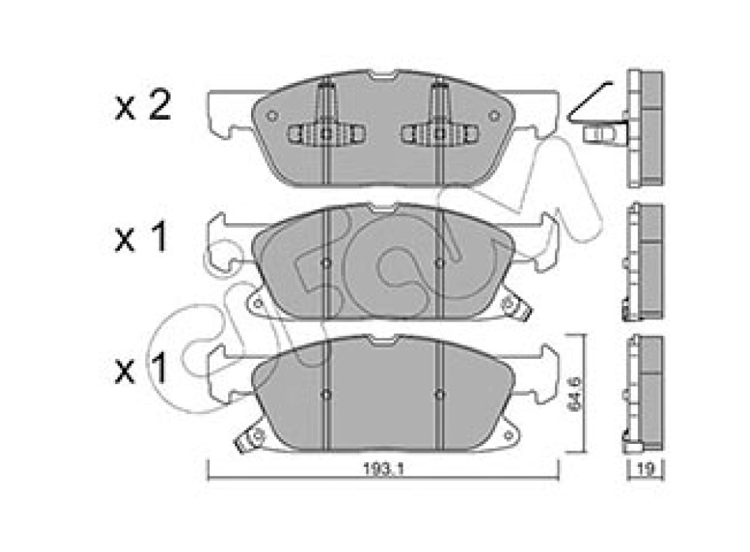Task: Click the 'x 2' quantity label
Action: [x=143, y=106]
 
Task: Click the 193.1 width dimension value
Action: [x=384, y=470]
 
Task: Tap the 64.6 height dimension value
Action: [x=575, y=393]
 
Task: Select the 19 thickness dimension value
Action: [x=646, y=470]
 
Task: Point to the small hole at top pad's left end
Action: [x=272, y=116]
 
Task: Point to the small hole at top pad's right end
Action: [x=494, y=115]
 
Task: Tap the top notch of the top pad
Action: [x=383, y=76]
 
